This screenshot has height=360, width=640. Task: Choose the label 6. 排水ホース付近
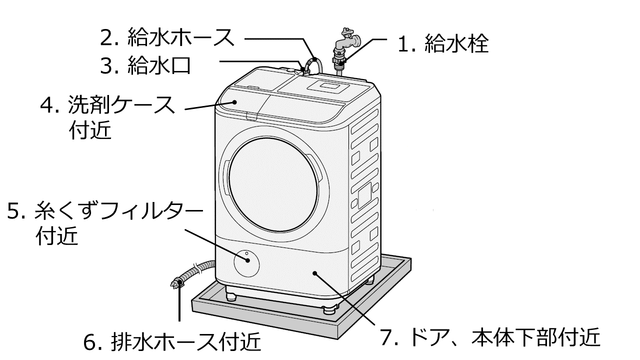[x=172, y=342]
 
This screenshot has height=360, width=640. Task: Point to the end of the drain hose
[x=176, y=284]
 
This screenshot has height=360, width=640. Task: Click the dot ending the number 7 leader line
[x=314, y=273]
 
